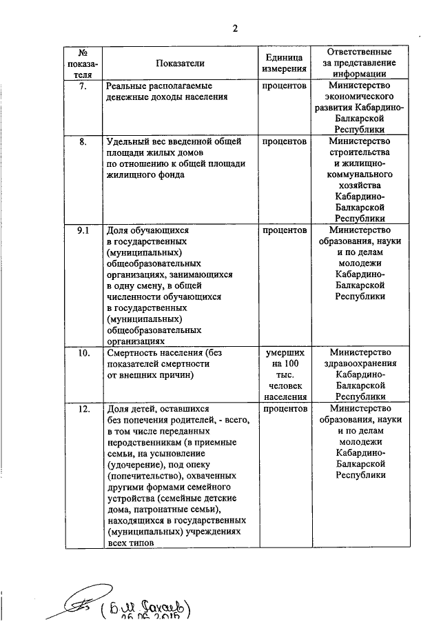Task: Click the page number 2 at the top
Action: [234, 28]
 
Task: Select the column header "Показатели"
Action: [180, 63]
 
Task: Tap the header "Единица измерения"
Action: [284, 63]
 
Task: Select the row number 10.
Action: [83, 353]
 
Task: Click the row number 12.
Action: [83, 409]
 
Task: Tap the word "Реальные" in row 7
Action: [127, 86]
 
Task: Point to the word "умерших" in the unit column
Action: [284, 353]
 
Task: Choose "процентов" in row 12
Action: [284, 409]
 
